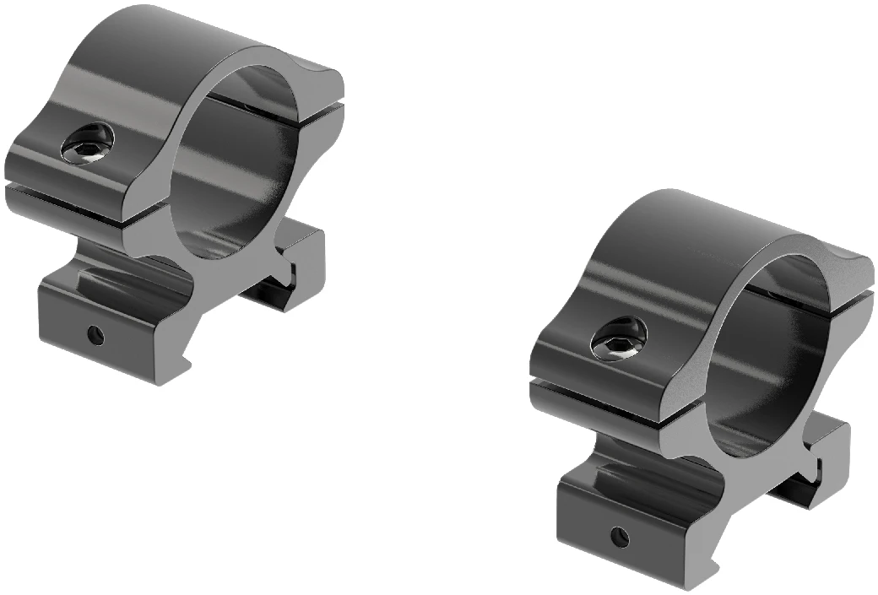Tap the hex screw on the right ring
point(618,339)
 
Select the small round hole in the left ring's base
point(96,336)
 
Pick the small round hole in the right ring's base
point(622,535)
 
